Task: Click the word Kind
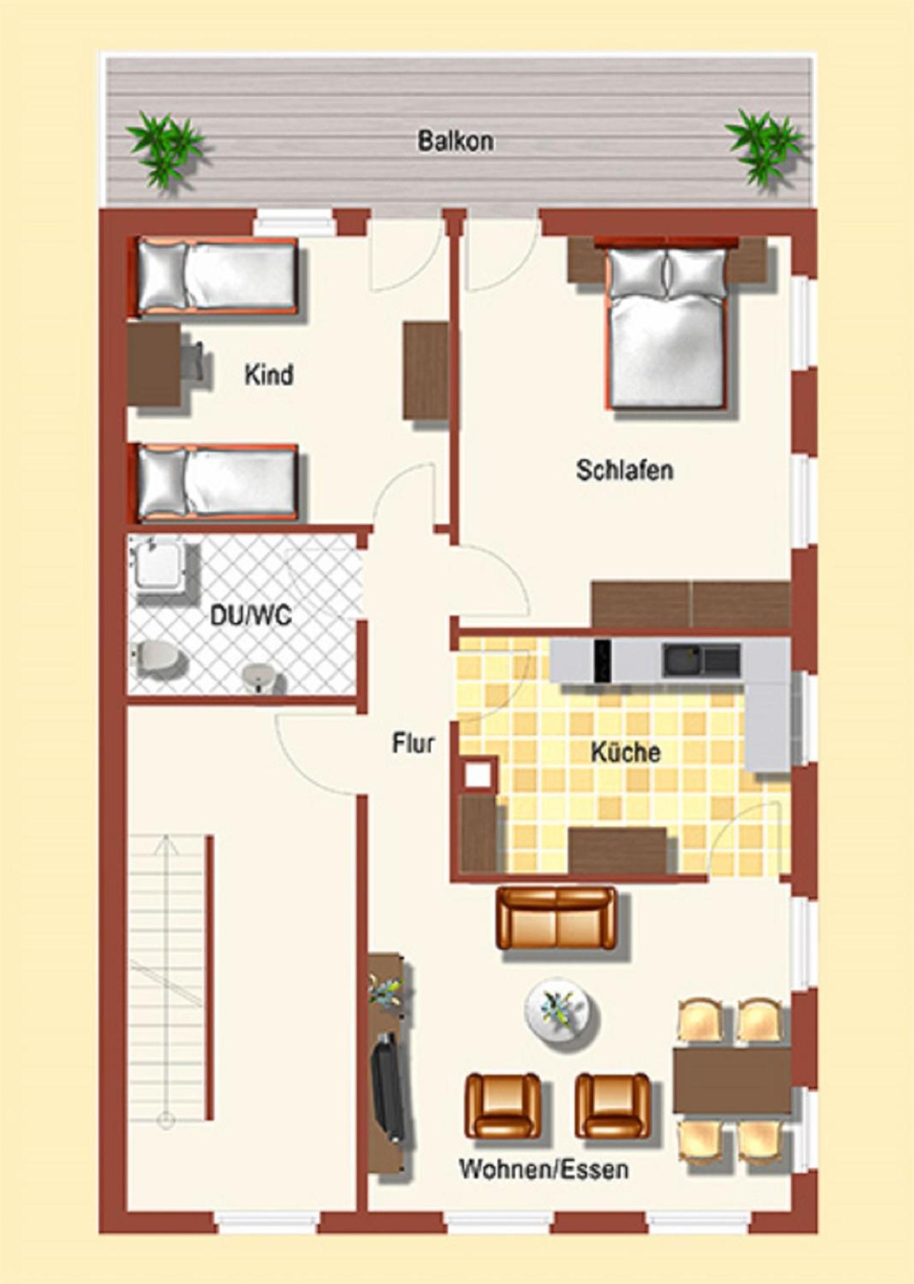269,375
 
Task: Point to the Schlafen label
625,470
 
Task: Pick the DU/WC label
250,616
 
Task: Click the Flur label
414,743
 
